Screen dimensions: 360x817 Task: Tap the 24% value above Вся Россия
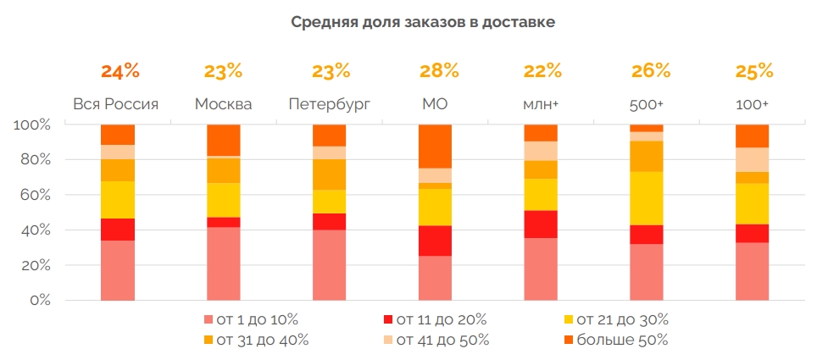[x=119, y=70]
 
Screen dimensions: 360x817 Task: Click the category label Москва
[x=223, y=104]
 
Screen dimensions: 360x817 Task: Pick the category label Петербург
[x=330, y=104]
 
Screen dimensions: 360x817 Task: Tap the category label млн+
[x=541, y=104]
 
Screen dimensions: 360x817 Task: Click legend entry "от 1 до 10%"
[x=251, y=319]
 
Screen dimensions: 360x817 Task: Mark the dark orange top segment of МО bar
[x=435, y=146]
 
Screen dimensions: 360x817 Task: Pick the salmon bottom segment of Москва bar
[x=224, y=263]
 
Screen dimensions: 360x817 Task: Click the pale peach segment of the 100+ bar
[x=752, y=159]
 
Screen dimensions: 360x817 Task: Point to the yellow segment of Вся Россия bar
[x=118, y=200]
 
